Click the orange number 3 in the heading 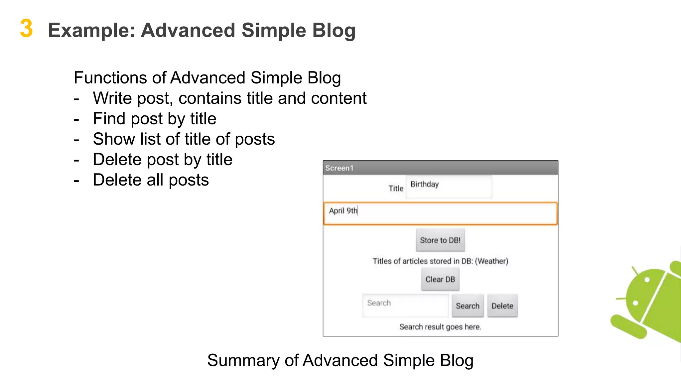[x=26, y=29]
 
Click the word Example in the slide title [x=91, y=31]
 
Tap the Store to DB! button [x=440, y=240]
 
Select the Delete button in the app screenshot [x=502, y=306]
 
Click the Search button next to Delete [x=467, y=306]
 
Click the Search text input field [x=405, y=305]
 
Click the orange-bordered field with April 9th [x=440, y=213]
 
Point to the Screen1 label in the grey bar [x=339, y=168]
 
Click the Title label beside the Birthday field [x=396, y=189]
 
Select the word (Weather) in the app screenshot [x=491, y=261]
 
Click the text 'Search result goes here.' [x=440, y=327]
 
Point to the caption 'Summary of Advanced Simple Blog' [x=340, y=360]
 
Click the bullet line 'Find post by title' [x=155, y=119]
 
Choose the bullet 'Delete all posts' [x=151, y=180]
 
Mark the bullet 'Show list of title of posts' [x=184, y=139]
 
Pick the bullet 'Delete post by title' [x=163, y=160]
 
